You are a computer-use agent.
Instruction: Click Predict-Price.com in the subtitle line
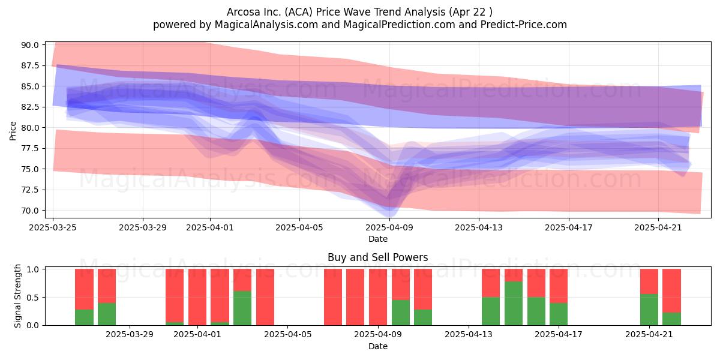(x=524, y=25)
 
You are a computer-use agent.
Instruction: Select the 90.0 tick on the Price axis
(x=30, y=45)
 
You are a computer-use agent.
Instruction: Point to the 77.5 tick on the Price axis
(x=30, y=149)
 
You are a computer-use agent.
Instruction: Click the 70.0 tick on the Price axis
(x=30, y=211)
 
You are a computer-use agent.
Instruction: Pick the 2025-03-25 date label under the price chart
(x=53, y=227)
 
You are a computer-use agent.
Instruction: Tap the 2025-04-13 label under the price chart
(x=479, y=227)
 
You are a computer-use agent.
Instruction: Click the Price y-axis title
(x=13, y=131)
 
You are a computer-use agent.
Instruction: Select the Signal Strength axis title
(x=17, y=296)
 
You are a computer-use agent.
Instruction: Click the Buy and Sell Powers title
(x=377, y=257)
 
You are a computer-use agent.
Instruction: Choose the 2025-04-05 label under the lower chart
(x=287, y=335)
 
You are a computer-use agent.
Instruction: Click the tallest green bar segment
(x=514, y=304)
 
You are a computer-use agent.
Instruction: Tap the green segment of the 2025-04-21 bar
(x=649, y=310)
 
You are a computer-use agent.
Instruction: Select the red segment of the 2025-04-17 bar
(x=559, y=286)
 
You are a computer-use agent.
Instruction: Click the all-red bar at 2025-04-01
(x=197, y=297)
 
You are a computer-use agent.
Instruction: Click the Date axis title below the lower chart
(x=377, y=346)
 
